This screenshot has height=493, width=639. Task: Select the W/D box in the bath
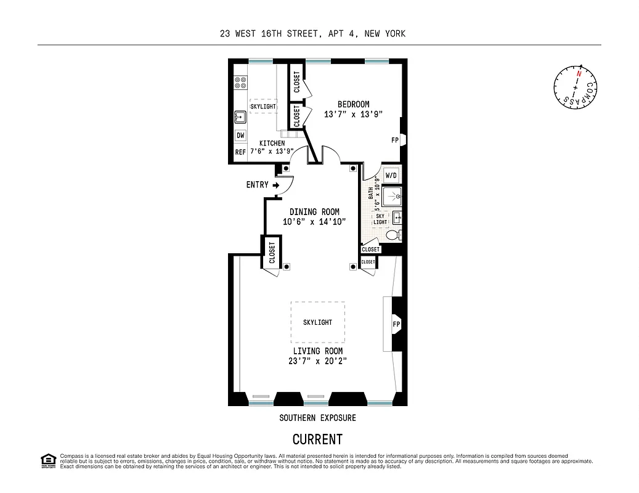point(391,175)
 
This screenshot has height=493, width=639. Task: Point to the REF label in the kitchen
point(240,152)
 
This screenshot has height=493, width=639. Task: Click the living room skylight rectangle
point(317,322)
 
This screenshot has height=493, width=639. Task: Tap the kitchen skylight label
point(263,106)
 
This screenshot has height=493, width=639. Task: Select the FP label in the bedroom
point(395,140)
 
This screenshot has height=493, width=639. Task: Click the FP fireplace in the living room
point(396,324)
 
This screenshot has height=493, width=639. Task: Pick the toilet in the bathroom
point(393,235)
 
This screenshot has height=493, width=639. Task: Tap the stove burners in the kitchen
point(240,83)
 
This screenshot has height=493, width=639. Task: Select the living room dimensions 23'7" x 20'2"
point(318,361)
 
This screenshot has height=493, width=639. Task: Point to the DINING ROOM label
point(314,211)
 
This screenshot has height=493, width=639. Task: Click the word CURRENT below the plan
point(317,439)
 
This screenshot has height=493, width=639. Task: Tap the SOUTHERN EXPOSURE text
point(317,418)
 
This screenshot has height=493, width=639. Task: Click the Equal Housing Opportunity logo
point(47,460)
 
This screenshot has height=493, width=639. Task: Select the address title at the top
point(312,34)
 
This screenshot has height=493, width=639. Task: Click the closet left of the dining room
point(272,251)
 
